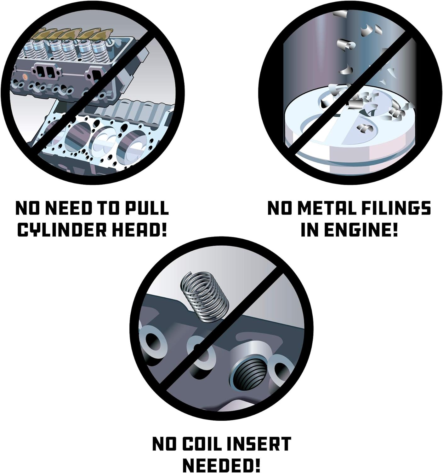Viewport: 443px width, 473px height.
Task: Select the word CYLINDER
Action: tap(62, 230)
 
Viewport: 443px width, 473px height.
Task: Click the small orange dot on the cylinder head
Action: tap(25, 76)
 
